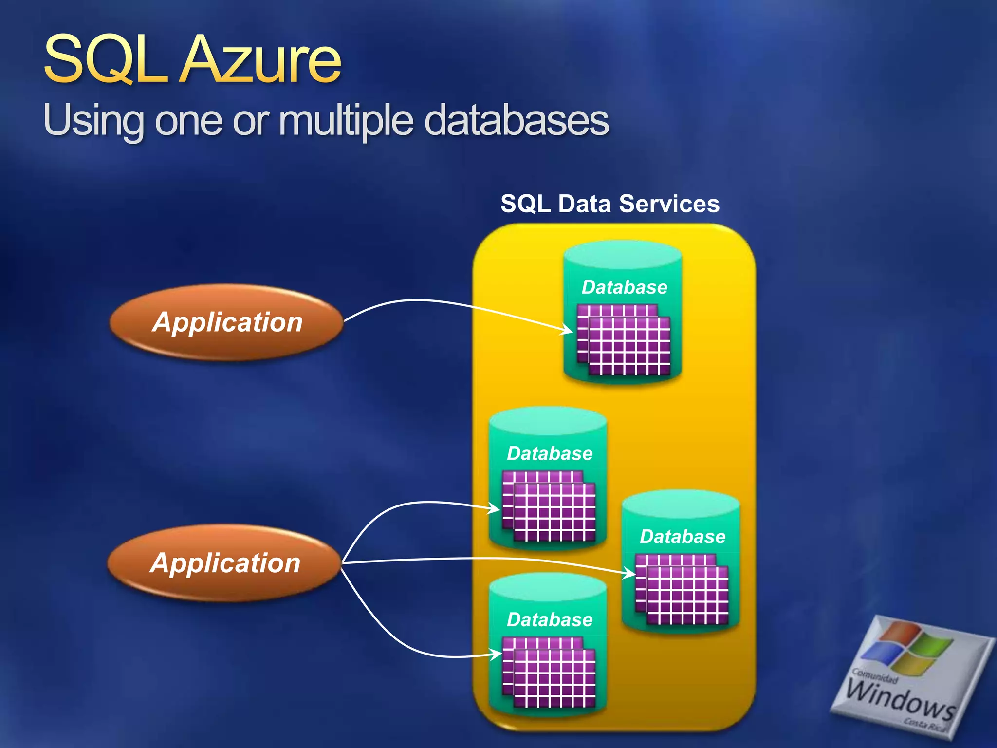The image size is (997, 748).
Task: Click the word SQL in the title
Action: (105, 61)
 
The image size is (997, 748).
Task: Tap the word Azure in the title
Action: (260, 61)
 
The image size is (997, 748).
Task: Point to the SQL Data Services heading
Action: (609, 204)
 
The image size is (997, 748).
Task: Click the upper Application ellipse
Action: (227, 322)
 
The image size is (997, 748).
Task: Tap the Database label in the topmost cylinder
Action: (624, 287)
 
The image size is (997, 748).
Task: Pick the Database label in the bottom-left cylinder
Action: (550, 620)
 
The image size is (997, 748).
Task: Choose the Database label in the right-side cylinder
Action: (683, 537)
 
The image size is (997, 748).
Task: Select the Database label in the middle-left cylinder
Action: (550, 454)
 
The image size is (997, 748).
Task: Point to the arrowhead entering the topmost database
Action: (567, 330)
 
